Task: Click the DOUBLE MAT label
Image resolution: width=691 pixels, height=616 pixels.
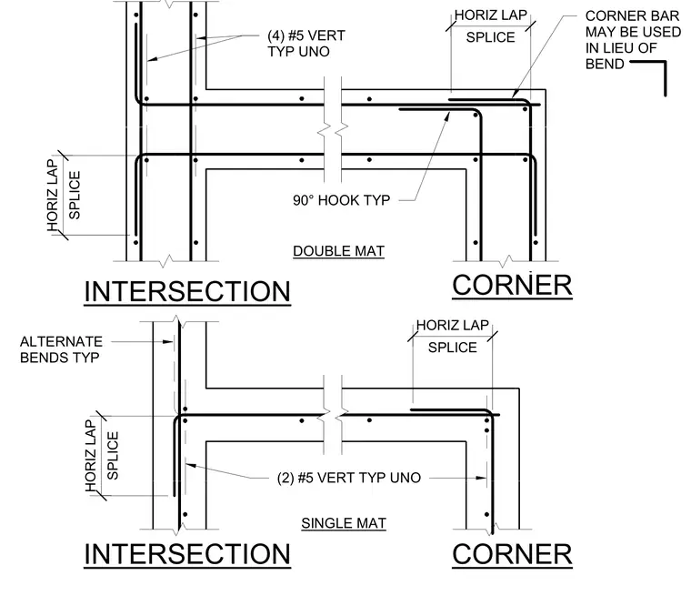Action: point(338,251)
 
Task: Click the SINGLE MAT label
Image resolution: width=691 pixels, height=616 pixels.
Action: point(344,523)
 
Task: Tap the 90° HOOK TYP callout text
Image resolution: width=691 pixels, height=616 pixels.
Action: point(342,200)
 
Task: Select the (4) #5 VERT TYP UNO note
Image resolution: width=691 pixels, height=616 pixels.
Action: point(306,43)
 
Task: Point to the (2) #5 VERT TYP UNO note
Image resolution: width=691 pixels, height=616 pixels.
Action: point(349,478)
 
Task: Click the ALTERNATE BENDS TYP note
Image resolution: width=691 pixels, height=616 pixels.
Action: point(61,349)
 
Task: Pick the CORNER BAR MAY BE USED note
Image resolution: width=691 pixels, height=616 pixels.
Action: point(633,40)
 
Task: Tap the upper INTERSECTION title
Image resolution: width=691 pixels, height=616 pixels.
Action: point(187,291)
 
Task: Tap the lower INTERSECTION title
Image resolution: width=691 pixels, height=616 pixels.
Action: point(187,554)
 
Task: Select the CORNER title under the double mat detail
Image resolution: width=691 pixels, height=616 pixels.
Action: point(512,286)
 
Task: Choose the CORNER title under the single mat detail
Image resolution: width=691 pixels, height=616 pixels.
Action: point(512,554)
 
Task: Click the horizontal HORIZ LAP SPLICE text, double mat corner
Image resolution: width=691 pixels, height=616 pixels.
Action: point(490,26)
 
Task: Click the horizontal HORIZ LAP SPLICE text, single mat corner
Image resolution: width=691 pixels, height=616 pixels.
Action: point(453,336)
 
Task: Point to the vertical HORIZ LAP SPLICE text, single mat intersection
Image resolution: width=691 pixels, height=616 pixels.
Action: point(102,456)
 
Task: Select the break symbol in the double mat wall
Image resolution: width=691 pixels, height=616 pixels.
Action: point(333,129)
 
